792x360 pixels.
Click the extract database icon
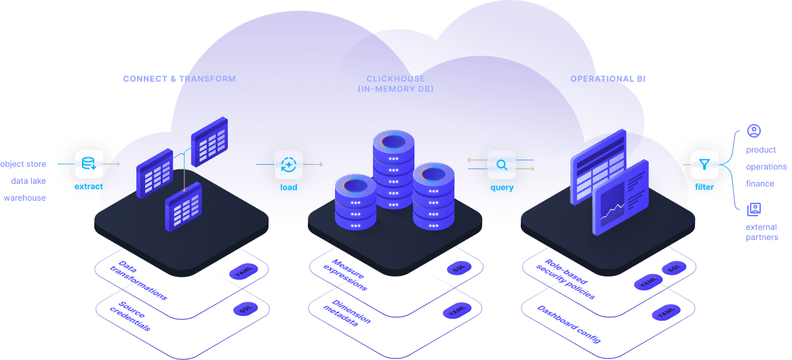[88, 163]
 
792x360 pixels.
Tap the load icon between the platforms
[288, 163]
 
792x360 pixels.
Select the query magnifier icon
[501, 163]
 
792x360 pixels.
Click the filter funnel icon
[704, 163]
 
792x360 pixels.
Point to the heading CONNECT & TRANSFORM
[179, 79]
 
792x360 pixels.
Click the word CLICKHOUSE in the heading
[395, 79]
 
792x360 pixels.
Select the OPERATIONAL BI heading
[608, 79]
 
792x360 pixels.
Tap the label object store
[23, 164]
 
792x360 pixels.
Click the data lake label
[28, 181]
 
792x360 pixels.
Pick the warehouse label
[24, 198]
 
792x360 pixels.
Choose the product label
[761, 150]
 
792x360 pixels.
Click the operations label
[766, 167]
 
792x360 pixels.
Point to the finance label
[759, 184]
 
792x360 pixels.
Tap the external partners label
[761, 232]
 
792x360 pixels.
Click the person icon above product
[753, 130]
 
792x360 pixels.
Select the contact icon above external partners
[753, 209]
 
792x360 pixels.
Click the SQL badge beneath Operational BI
[673, 268]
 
